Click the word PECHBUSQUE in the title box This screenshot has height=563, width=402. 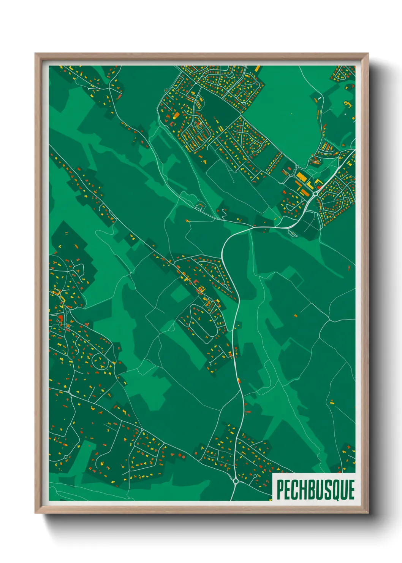tap(315, 490)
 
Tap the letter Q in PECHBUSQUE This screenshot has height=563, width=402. tap(336, 490)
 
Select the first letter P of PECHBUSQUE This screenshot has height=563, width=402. tap(280, 490)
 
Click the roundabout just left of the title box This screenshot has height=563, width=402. tap(236, 481)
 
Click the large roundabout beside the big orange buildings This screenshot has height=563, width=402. tap(315, 194)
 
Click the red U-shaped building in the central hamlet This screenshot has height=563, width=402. tap(196, 282)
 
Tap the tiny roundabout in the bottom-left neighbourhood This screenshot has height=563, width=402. tap(66, 457)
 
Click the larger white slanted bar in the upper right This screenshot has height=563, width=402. tap(320, 98)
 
